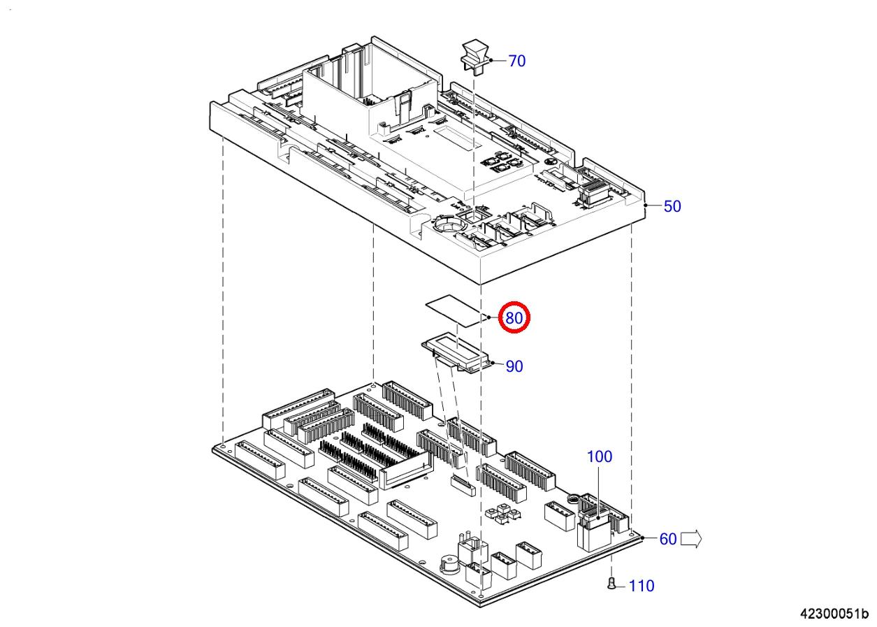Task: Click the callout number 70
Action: pyautogui.click(x=516, y=62)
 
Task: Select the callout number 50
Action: pyautogui.click(x=672, y=206)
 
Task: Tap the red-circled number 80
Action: pyautogui.click(x=514, y=319)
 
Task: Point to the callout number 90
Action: pyautogui.click(x=514, y=366)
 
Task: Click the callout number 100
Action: pyautogui.click(x=599, y=456)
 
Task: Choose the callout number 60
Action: pyautogui.click(x=668, y=539)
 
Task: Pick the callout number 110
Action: pyautogui.click(x=642, y=586)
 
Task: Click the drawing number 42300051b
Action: pyautogui.click(x=834, y=613)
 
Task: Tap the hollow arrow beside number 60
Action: pyautogui.click(x=691, y=538)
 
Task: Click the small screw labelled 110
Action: pyautogui.click(x=612, y=584)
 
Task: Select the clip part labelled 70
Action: pyautogui.click(x=474, y=56)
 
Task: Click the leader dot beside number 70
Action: pyautogui.click(x=492, y=61)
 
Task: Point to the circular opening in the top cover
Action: pyautogui.click(x=447, y=225)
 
